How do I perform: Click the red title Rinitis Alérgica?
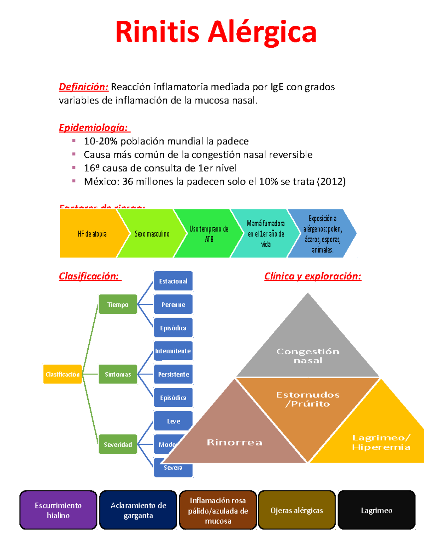pyautogui.click(x=216, y=32)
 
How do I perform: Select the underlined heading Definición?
pyautogui.click(x=83, y=87)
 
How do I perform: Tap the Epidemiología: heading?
pyautogui.click(x=94, y=127)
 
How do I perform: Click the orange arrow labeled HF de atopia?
pyautogui.click(x=92, y=234)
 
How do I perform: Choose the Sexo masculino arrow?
pyautogui.click(x=152, y=234)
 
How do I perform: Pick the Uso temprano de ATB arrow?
pyautogui.click(x=209, y=234)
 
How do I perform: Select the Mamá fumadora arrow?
pyautogui.click(x=266, y=234)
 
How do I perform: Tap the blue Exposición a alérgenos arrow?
pyautogui.click(x=322, y=234)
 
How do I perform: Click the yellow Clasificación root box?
pyautogui.click(x=63, y=374)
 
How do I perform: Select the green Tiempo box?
pyautogui.click(x=118, y=305)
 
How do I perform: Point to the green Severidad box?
pyautogui.click(x=118, y=444)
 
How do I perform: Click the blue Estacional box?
pyautogui.click(x=173, y=281)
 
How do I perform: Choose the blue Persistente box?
pyautogui.click(x=173, y=374)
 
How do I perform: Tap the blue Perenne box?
pyautogui.click(x=173, y=305)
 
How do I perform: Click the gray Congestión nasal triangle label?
pyautogui.click(x=308, y=356)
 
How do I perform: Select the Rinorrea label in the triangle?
pyautogui.click(x=235, y=442)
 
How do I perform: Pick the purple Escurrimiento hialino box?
pyautogui.click(x=58, y=510)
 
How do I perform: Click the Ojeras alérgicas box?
pyautogui.click(x=297, y=510)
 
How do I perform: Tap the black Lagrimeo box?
pyautogui.click(x=377, y=510)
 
